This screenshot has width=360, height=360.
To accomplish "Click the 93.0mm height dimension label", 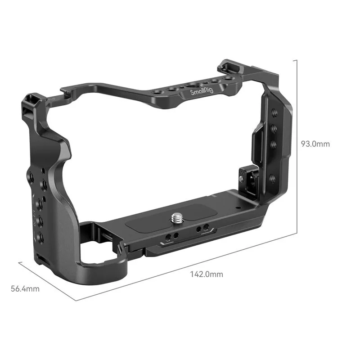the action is [315, 144].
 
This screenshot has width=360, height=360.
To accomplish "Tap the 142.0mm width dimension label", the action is [207, 274].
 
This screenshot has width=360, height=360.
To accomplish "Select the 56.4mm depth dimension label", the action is [25, 288].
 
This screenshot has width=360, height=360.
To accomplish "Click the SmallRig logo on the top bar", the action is [202, 92].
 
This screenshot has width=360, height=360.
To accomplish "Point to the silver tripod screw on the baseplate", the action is [177, 217].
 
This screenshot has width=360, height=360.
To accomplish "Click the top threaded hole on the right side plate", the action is [274, 112].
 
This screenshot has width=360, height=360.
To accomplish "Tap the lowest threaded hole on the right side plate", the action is [272, 178].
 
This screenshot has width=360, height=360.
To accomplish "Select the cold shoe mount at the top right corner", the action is [229, 66].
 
